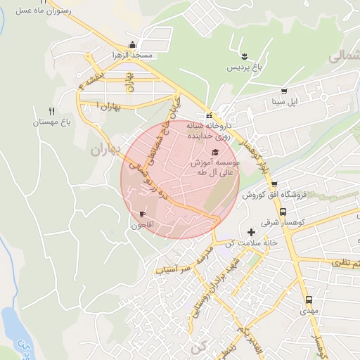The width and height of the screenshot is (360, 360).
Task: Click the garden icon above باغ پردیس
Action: pyautogui.click(x=243, y=56)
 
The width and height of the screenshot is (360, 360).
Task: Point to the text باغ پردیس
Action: pyautogui.click(x=243, y=67)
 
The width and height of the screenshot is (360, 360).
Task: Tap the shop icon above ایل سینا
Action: pyautogui.click(x=284, y=91)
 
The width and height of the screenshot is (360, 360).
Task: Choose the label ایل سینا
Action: pyautogui.click(x=285, y=103)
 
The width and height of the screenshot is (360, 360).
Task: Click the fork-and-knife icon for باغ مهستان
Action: pyautogui.click(x=51, y=111)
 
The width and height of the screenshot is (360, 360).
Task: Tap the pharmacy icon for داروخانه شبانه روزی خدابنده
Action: pyautogui.click(x=209, y=116)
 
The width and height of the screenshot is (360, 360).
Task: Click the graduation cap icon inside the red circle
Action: pyautogui.click(x=214, y=152)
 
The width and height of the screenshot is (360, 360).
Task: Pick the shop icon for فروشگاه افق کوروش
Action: pyautogui.click(x=274, y=184)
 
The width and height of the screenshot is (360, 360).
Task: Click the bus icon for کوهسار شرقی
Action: pyautogui.click(x=283, y=211)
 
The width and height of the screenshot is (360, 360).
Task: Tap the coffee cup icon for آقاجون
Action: pyautogui.click(x=143, y=214)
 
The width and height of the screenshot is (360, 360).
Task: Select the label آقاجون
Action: pyautogui.click(x=143, y=225)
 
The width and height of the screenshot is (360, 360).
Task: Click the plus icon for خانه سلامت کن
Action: pyautogui.click(x=251, y=231)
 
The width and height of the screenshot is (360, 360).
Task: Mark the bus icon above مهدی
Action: pyautogui.click(x=309, y=299)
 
